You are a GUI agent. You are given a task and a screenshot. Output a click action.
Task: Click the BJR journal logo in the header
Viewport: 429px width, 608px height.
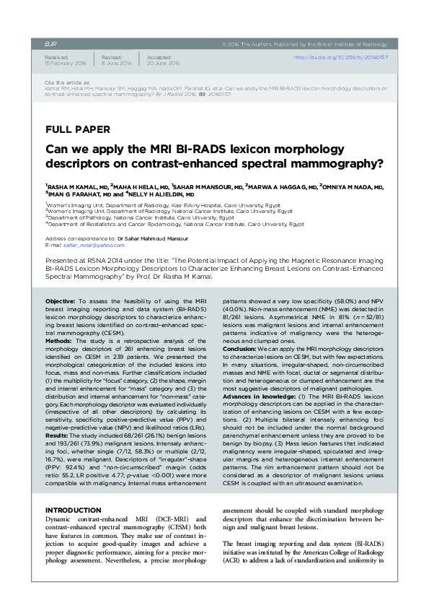(x=50, y=43)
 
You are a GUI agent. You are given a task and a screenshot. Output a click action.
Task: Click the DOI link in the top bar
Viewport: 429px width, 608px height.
(x=340, y=57)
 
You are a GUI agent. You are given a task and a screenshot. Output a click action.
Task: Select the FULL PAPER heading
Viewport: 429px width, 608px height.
(x=77, y=130)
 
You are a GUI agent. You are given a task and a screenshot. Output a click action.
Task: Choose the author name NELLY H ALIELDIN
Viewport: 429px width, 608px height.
(x=162, y=194)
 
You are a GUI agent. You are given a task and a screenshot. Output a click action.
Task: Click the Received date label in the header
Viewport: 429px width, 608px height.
(x=56, y=55)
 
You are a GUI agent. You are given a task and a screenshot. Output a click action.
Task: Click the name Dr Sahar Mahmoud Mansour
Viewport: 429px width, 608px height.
(x=153, y=238)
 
